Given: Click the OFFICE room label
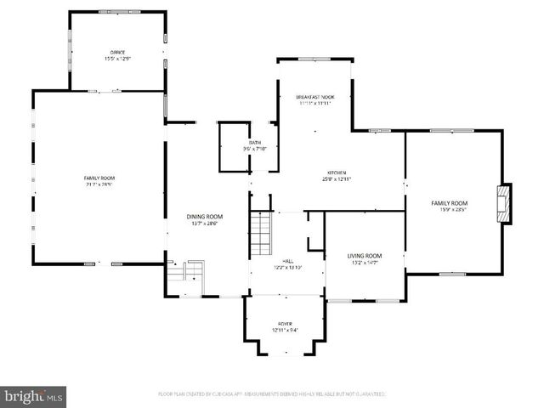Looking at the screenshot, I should click(117, 52).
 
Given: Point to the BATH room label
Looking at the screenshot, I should click(255, 143).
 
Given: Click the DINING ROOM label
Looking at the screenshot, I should click(204, 217).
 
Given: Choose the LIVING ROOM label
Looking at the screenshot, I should click(364, 256).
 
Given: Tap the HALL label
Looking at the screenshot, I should click(286, 261).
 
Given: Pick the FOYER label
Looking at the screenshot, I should click(285, 324).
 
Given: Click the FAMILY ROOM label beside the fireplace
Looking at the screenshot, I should click(449, 203).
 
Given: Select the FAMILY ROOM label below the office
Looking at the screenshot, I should click(99, 177).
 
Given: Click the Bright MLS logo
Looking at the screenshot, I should click(34, 395).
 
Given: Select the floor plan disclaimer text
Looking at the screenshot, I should click(272, 394).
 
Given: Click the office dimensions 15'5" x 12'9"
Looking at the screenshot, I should click(117, 59).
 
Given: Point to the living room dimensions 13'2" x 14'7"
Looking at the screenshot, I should click(364, 263).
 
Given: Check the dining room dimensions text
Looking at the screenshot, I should click(204, 224).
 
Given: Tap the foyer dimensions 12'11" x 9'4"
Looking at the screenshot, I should click(285, 330).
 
